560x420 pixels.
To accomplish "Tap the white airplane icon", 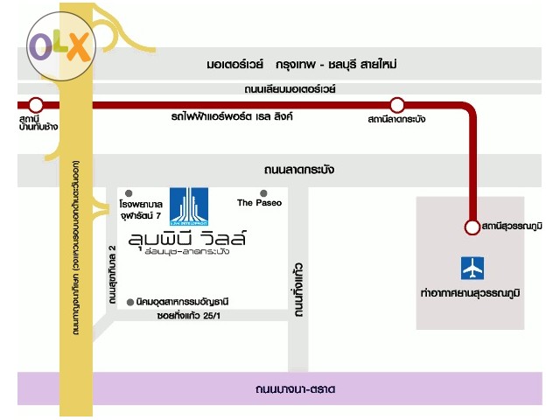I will (x=472, y=267).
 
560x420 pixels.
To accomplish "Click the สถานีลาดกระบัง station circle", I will (x=397, y=106).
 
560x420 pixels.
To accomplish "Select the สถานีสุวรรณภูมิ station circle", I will (x=472, y=227).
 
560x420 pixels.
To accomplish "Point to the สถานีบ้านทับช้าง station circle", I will (x=35, y=105).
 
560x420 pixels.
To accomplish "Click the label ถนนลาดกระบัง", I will (x=298, y=169).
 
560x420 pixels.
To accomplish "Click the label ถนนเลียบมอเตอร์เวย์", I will (x=290, y=89).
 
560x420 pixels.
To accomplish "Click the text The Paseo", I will (x=256, y=203).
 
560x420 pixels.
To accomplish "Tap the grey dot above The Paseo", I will (x=263, y=192).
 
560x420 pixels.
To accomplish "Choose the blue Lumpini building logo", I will (x=189, y=206).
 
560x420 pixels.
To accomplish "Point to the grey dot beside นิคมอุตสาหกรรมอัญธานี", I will (x=129, y=300).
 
